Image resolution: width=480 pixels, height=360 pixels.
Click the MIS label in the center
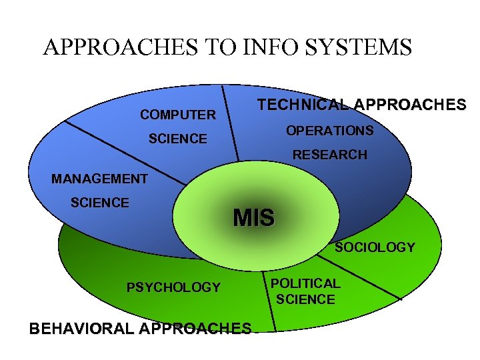(x=253, y=218)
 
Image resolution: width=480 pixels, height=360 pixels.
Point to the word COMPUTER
(x=178, y=115)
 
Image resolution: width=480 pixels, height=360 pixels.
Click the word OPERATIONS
(x=330, y=131)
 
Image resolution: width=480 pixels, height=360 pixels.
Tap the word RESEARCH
(x=330, y=155)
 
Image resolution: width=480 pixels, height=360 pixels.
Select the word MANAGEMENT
(x=99, y=179)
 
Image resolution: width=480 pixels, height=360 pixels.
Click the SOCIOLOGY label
(x=375, y=247)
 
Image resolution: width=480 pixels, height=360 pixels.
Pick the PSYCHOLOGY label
(x=173, y=287)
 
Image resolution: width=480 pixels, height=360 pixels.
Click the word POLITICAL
(x=305, y=283)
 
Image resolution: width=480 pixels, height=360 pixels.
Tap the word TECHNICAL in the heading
(x=303, y=105)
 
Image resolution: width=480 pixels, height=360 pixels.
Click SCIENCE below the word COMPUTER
(x=178, y=139)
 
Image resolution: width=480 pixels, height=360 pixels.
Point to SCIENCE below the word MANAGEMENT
(x=100, y=203)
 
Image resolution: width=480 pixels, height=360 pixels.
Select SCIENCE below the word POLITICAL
(x=305, y=299)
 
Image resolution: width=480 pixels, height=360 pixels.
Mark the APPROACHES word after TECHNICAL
(x=410, y=105)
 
